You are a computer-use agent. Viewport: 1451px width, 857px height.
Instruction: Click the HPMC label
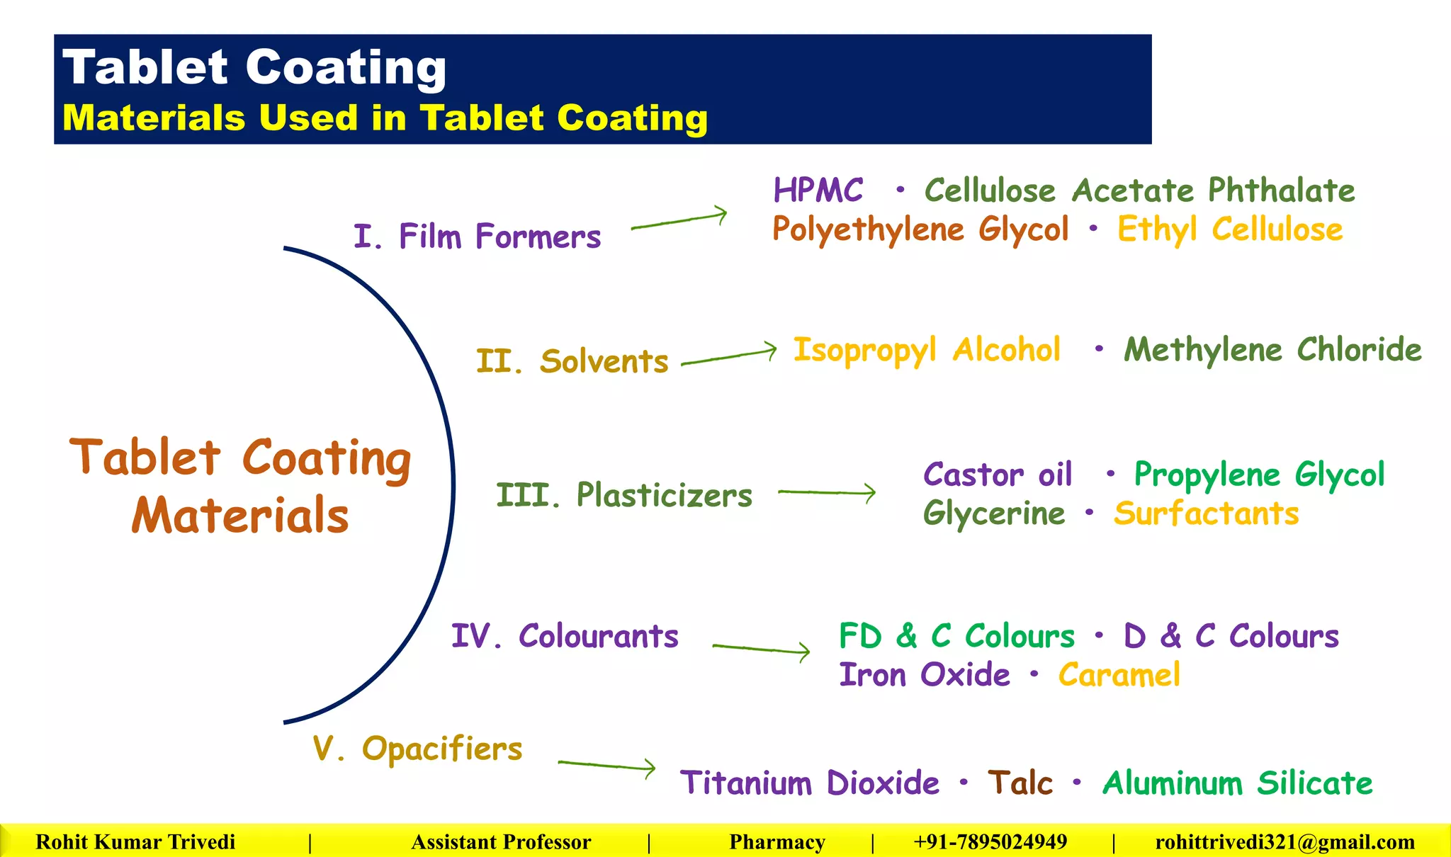tap(818, 191)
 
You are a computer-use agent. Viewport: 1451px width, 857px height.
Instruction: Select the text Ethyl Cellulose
tap(1230, 229)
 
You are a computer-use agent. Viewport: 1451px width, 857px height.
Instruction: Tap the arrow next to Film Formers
tap(679, 220)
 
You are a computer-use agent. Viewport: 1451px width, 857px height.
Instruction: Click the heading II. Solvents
tap(572, 361)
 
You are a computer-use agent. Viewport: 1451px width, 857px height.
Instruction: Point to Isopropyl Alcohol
tap(927, 351)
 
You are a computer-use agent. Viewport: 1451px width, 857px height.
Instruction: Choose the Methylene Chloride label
tap(1272, 350)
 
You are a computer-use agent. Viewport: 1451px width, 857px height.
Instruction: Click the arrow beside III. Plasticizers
tap(827, 492)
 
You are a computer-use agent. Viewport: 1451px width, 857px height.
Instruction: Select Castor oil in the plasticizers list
tap(998, 475)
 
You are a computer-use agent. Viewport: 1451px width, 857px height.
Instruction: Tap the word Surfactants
tap(1206, 513)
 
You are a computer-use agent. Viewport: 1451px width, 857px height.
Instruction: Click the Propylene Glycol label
tap(1259, 475)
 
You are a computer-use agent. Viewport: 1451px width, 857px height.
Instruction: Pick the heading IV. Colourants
tap(565, 636)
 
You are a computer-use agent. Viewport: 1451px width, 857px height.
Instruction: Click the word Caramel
tap(1119, 675)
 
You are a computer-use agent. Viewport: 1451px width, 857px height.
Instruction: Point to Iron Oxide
tap(925, 675)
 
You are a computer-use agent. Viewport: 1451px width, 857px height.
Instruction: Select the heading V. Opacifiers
tap(417, 749)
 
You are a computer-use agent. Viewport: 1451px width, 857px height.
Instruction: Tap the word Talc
tap(1020, 783)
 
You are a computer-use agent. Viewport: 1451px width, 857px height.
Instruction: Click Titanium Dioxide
tap(810, 783)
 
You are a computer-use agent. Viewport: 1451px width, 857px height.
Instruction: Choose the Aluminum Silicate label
tap(1237, 783)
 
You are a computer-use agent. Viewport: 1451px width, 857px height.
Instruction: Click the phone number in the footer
tap(990, 842)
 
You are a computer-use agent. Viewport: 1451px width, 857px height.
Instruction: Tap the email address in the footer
tap(1285, 842)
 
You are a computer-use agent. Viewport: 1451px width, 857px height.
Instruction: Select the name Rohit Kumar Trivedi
tap(135, 842)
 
